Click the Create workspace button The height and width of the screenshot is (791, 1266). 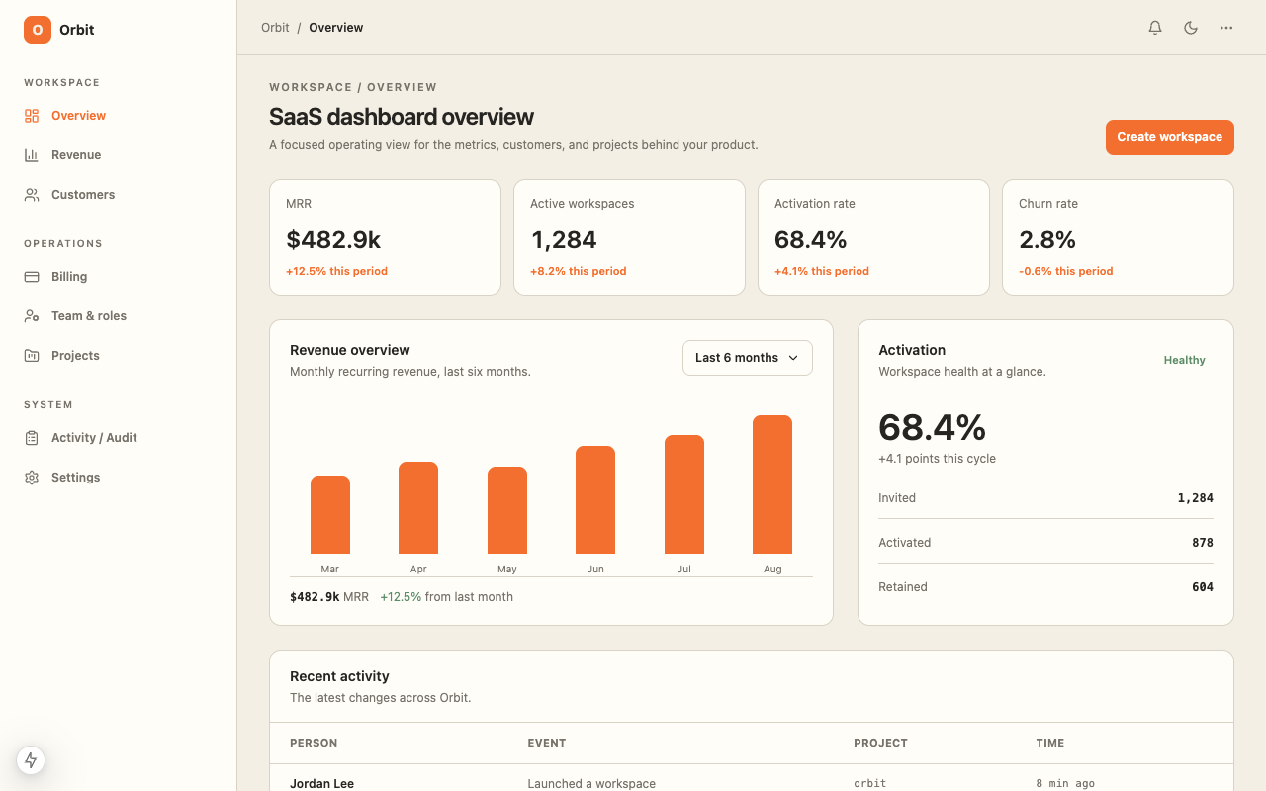pyautogui.click(x=1169, y=137)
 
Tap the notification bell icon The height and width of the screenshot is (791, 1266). pyautogui.click(x=1155, y=27)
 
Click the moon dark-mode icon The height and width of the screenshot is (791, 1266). pyautogui.click(x=1191, y=27)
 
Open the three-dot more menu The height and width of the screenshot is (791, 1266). pyautogui.click(x=1225, y=27)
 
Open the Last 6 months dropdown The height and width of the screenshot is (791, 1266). pyautogui.click(x=747, y=358)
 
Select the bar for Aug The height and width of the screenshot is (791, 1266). pyautogui.click(x=772, y=484)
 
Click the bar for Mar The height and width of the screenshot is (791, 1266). pyautogui.click(x=330, y=515)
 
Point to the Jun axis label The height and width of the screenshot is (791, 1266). pyautogui.click(x=595, y=569)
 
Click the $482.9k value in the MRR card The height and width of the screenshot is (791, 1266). pyautogui.click(x=333, y=239)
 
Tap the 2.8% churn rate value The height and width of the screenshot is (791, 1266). pyautogui.click(x=1047, y=239)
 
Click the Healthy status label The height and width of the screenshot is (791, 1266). pyautogui.click(x=1184, y=360)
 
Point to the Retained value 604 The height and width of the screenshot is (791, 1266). pyautogui.click(x=1202, y=587)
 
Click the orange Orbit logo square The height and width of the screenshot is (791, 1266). pyautogui.click(x=38, y=30)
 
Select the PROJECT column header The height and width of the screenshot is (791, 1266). pyautogui.click(x=880, y=743)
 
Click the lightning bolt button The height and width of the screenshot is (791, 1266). pyautogui.click(x=31, y=760)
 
